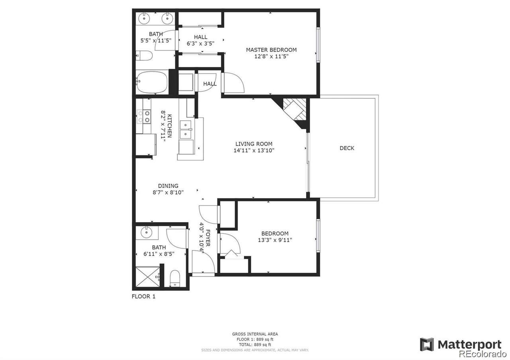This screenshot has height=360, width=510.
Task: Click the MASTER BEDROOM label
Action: coord(271,50)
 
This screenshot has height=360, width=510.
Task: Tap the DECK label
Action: coord(347,148)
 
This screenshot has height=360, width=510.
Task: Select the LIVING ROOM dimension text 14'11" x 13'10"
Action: coord(254,151)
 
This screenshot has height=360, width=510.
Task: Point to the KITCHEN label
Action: coord(170,126)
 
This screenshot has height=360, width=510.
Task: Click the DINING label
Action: coord(168,186)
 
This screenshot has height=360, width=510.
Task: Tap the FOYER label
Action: coord(208,238)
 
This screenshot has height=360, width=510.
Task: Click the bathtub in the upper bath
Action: coord(152,82)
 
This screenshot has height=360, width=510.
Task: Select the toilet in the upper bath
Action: coord(144,55)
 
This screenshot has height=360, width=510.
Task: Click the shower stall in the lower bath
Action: coord(148,277)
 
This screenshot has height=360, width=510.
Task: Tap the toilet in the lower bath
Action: coord(175,278)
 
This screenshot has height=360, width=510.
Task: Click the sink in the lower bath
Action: coord(146,233)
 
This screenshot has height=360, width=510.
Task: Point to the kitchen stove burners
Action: coord(144,117)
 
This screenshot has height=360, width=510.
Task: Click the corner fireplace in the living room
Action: coord(294,110)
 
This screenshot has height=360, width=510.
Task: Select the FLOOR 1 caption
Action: coord(143,297)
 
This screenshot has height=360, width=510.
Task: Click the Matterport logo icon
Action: coord(427,344)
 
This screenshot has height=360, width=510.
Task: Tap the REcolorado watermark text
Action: coord(483,354)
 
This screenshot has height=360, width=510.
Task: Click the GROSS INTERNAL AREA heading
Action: coord(255,334)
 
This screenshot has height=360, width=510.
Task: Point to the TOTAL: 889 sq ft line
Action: coord(255,344)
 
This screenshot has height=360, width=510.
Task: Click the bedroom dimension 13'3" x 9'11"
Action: coord(275,240)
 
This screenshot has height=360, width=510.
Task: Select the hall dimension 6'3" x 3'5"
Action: coord(200,43)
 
